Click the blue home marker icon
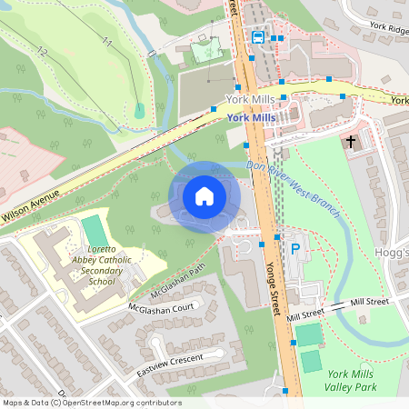point(204,195)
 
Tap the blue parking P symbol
point(294,248)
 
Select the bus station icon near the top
point(259,37)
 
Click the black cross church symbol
point(351,142)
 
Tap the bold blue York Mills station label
point(251,118)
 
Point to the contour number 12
point(42,51)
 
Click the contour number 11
point(107,41)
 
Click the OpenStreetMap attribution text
point(91,403)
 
